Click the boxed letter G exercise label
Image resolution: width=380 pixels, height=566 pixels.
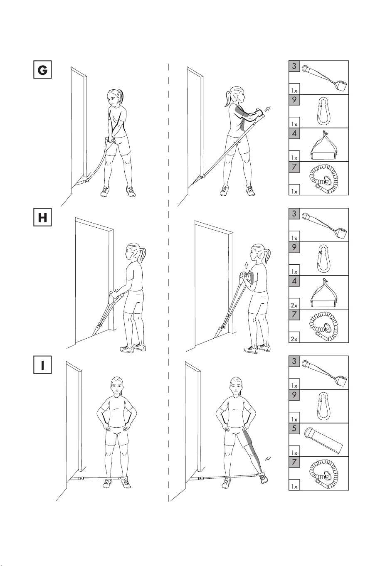pyautogui.click(x=42, y=69)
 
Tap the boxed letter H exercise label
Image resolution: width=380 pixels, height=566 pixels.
pyautogui.click(x=42, y=217)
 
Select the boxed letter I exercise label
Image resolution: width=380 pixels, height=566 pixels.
pyautogui.click(x=42, y=364)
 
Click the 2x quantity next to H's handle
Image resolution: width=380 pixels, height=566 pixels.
pyautogui.click(x=294, y=305)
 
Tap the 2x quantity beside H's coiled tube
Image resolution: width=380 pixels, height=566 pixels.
pyautogui.click(x=294, y=339)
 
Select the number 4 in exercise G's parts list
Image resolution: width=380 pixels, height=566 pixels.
pyautogui.click(x=294, y=133)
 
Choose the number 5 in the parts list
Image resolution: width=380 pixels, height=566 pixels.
pyautogui.click(x=294, y=428)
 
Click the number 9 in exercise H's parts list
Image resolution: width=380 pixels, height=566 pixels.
pyautogui.click(x=294, y=247)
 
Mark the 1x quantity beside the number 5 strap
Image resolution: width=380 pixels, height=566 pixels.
pyautogui.click(x=294, y=453)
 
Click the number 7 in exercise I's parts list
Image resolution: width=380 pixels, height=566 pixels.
pyautogui.click(x=294, y=462)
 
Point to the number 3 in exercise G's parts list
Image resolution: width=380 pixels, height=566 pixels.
pyautogui.click(x=294, y=66)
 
